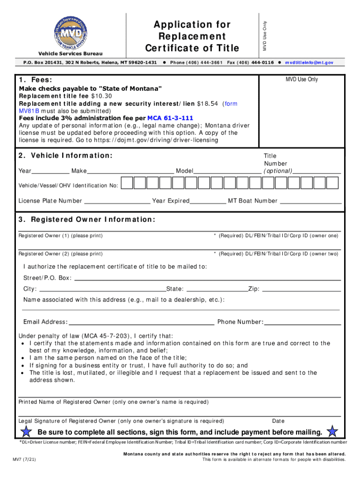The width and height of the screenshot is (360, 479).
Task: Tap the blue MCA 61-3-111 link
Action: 170,118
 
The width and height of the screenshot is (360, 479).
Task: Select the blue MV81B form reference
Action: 28,111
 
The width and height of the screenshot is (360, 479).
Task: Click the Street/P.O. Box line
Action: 207,278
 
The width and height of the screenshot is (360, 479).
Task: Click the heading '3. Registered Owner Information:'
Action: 86,220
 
